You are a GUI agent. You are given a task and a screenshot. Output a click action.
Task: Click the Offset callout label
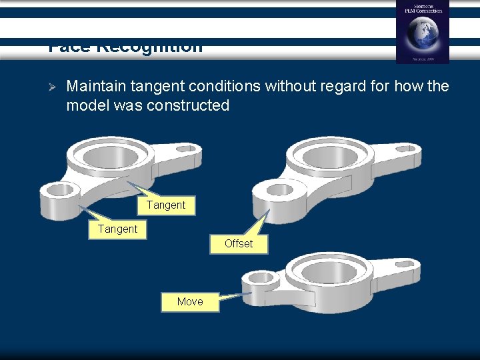[239, 244]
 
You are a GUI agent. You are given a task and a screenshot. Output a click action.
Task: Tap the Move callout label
[190, 301]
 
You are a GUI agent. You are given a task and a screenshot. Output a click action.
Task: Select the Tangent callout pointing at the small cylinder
[117, 229]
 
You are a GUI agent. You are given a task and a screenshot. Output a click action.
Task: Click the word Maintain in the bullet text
[92, 87]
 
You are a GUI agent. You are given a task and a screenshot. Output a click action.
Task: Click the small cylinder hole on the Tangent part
[60, 190]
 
